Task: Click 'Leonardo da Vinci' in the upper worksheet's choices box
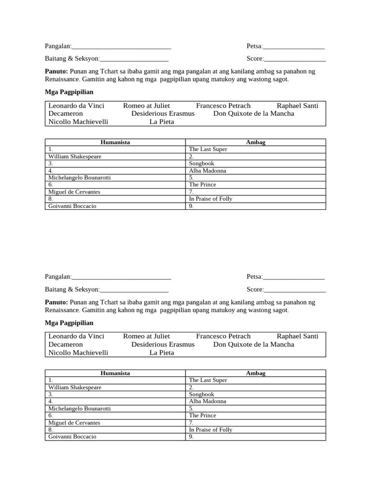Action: (76, 106)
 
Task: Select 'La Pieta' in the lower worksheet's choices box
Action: (161, 353)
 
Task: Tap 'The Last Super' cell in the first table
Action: (208, 150)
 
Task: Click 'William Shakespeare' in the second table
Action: (75, 387)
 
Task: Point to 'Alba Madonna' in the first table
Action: (207, 171)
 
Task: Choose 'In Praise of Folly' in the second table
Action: (211, 430)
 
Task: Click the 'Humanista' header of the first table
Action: (115, 142)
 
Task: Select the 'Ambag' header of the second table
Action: (256, 373)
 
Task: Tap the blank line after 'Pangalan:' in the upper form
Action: (121, 46)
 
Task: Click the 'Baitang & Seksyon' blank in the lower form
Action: (134, 289)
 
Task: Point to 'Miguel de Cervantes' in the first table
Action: (74, 192)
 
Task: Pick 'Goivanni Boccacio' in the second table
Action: (72, 437)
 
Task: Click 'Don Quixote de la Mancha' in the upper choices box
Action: (254, 114)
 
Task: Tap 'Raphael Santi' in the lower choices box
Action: (298, 336)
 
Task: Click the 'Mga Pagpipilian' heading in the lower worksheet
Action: (69, 323)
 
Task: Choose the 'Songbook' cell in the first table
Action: (201, 164)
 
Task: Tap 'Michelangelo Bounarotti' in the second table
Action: (80, 409)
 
